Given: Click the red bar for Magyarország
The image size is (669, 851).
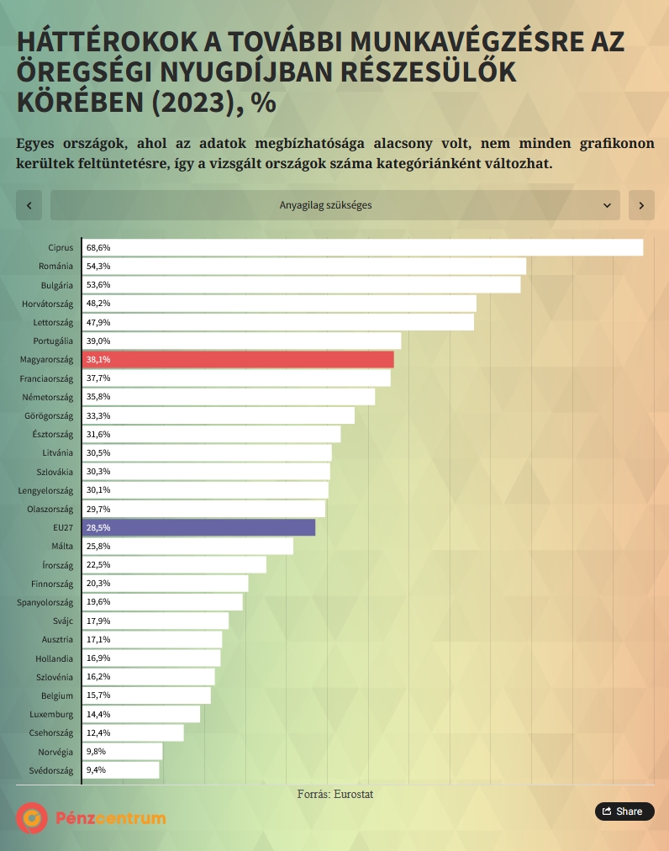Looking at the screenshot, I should [238, 360].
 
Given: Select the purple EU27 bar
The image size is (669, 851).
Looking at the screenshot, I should [199, 527].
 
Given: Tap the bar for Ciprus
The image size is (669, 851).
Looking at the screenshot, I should [362, 248].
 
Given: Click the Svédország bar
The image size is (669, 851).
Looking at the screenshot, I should [121, 769].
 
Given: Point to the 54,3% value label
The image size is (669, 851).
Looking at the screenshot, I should [98, 267].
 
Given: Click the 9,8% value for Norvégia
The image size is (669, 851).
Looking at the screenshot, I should [96, 751].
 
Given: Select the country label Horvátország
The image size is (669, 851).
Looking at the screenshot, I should [47, 304].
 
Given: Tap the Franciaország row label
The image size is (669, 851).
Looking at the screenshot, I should [46, 378].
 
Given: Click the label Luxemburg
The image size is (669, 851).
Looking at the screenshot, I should [51, 714].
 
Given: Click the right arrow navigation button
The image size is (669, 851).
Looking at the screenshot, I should [641, 205].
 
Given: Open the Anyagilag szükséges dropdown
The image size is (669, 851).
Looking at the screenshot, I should [334, 205].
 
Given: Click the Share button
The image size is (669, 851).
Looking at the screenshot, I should [624, 811].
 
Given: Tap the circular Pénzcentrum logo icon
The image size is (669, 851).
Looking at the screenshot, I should [32, 817].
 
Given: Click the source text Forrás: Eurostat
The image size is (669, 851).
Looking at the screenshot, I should [334, 794].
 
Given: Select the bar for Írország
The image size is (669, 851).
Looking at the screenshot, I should [174, 564].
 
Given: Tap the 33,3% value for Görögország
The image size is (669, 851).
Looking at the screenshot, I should [98, 415].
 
